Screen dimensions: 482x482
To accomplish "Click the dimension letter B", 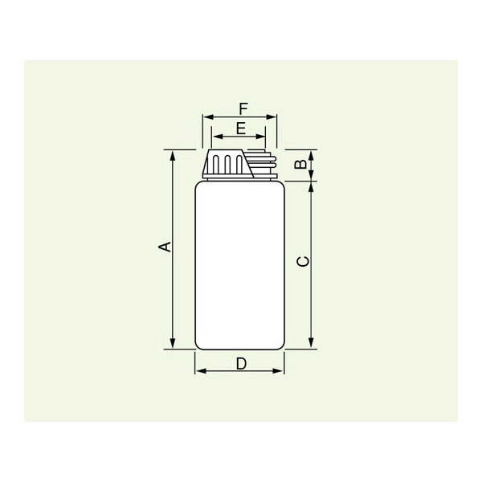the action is [x=300, y=164].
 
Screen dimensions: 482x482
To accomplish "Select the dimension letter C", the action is [x=303, y=261].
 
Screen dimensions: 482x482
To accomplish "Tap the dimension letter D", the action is [x=241, y=364].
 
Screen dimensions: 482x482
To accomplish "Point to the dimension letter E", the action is [x=241, y=129].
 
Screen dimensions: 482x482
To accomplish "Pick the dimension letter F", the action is [x=243, y=109].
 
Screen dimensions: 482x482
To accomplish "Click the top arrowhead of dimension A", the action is [x=173, y=156].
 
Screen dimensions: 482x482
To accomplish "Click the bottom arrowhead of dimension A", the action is [x=173, y=343].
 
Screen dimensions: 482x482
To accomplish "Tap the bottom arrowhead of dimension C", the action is [x=311, y=343].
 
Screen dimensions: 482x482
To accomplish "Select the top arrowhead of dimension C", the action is [x=311, y=187].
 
